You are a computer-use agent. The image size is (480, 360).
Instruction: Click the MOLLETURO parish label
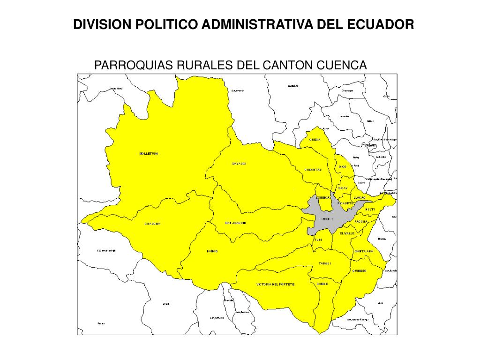pos(149,154)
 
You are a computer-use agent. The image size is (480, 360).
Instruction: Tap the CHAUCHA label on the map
pos(153,224)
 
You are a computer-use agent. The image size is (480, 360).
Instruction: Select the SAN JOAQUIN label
pos(235,223)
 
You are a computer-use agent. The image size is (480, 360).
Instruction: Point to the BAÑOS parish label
pos(212,251)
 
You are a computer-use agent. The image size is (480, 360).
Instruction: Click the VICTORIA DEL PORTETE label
pos(276,285)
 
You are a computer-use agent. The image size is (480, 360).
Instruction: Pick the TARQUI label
pos(325,263)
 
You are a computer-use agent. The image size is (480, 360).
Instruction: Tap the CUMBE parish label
pos(322,284)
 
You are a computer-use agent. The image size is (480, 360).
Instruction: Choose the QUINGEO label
pos(359,271)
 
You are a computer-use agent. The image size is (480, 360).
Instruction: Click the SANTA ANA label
pos(364,251)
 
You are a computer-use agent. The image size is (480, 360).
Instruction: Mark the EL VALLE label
pos(347,233)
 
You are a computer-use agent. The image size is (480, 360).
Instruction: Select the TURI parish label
pos(318,240)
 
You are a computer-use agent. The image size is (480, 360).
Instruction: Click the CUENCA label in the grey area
pos(327,219)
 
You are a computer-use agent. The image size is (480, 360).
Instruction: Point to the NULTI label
pos(370,209)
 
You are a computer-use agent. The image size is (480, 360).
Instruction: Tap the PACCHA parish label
pos(361,221)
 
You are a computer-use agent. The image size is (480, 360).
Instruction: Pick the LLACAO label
pos(360,197)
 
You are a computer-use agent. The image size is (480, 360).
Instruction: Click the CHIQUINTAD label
pos(313,170)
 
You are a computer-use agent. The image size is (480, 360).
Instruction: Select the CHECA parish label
pos(315,140)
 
